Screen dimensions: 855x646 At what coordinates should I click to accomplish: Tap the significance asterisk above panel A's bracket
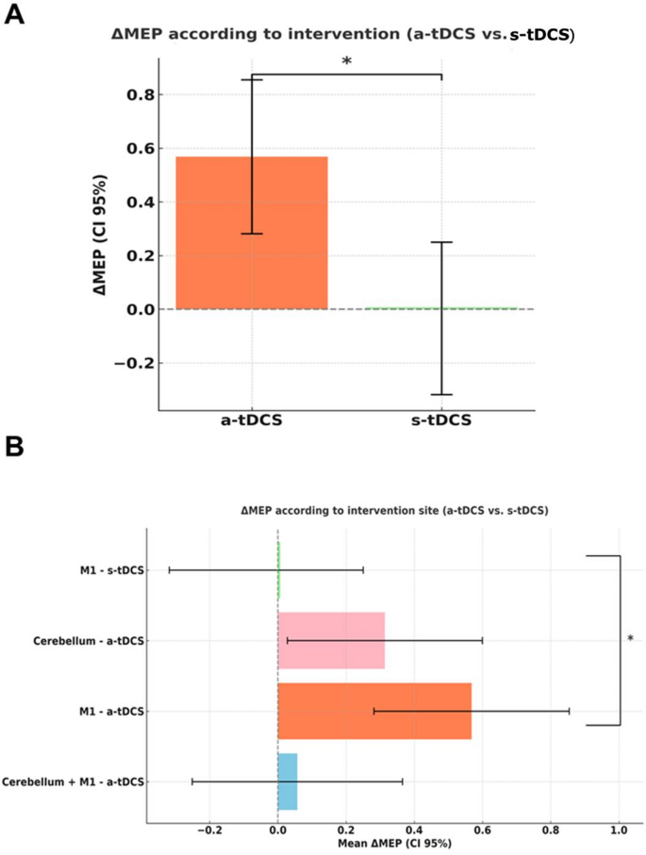[346, 62]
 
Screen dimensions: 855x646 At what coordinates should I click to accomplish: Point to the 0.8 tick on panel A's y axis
[138, 94]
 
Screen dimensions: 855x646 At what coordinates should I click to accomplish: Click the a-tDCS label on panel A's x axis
[252, 421]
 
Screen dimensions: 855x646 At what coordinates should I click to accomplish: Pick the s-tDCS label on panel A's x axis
[441, 421]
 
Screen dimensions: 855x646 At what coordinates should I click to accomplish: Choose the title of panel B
[395, 510]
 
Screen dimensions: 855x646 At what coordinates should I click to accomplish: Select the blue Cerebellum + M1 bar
[288, 781]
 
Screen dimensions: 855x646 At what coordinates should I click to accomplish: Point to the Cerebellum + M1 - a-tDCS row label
[74, 781]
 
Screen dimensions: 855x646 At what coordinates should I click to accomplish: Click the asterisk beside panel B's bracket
[631, 639]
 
